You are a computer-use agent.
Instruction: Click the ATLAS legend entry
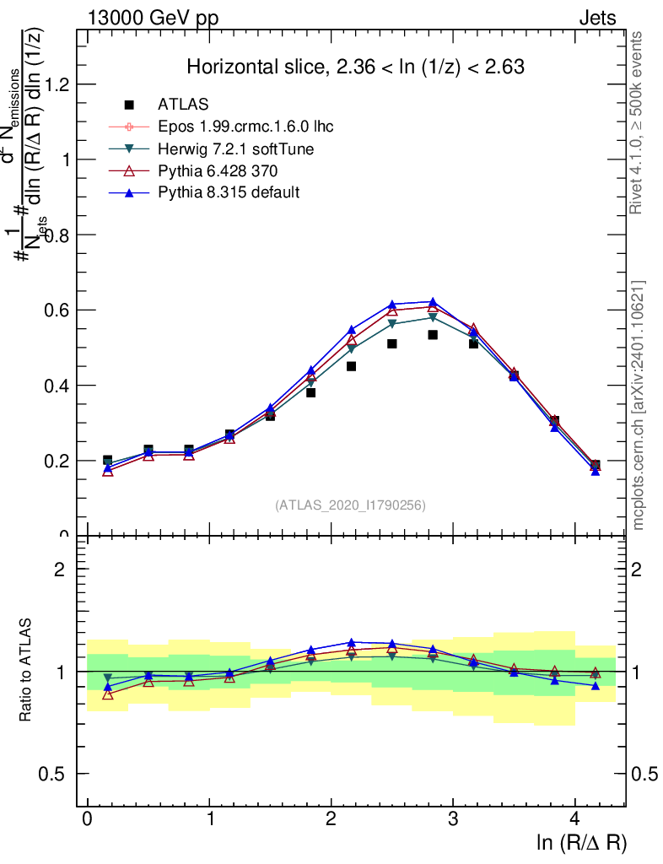(183, 105)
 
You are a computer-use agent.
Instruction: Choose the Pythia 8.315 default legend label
(228, 192)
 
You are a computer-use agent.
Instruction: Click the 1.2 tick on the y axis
(62, 84)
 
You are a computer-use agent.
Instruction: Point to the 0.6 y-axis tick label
(62, 310)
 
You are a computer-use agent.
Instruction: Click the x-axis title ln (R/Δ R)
(582, 843)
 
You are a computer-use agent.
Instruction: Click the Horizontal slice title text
(355, 67)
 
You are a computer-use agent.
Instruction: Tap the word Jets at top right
(597, 18)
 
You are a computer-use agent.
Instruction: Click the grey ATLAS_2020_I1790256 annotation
(350, 505)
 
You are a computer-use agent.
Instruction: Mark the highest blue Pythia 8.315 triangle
(433, 302)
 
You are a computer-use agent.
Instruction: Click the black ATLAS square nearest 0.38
(310, 392)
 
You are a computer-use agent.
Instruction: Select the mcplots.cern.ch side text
(639, 405)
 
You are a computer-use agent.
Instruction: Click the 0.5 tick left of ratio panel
(62, 774)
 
